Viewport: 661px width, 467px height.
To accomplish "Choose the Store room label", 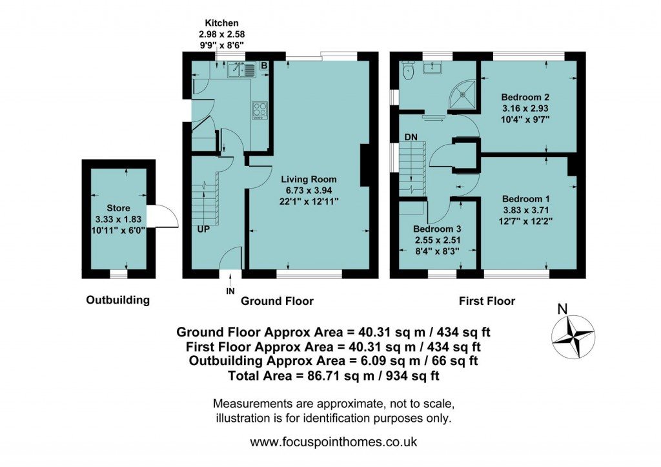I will tap(119, 208).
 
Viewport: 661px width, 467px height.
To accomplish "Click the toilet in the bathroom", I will tap(406, 69).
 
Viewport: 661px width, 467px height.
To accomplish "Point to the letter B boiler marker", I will tap(263, 66).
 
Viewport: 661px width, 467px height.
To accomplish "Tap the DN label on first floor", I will tap(411, 137).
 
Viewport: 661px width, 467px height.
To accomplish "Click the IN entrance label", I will tap(230, 291).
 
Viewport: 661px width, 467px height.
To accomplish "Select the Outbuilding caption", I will tap(118, 300).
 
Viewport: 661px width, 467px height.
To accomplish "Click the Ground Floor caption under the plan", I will tap(277, 301).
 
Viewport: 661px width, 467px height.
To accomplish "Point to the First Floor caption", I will tap(487, 301).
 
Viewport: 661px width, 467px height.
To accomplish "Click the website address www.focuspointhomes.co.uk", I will tap(333, 442).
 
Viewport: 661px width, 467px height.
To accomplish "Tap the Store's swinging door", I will tap(163, 216).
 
